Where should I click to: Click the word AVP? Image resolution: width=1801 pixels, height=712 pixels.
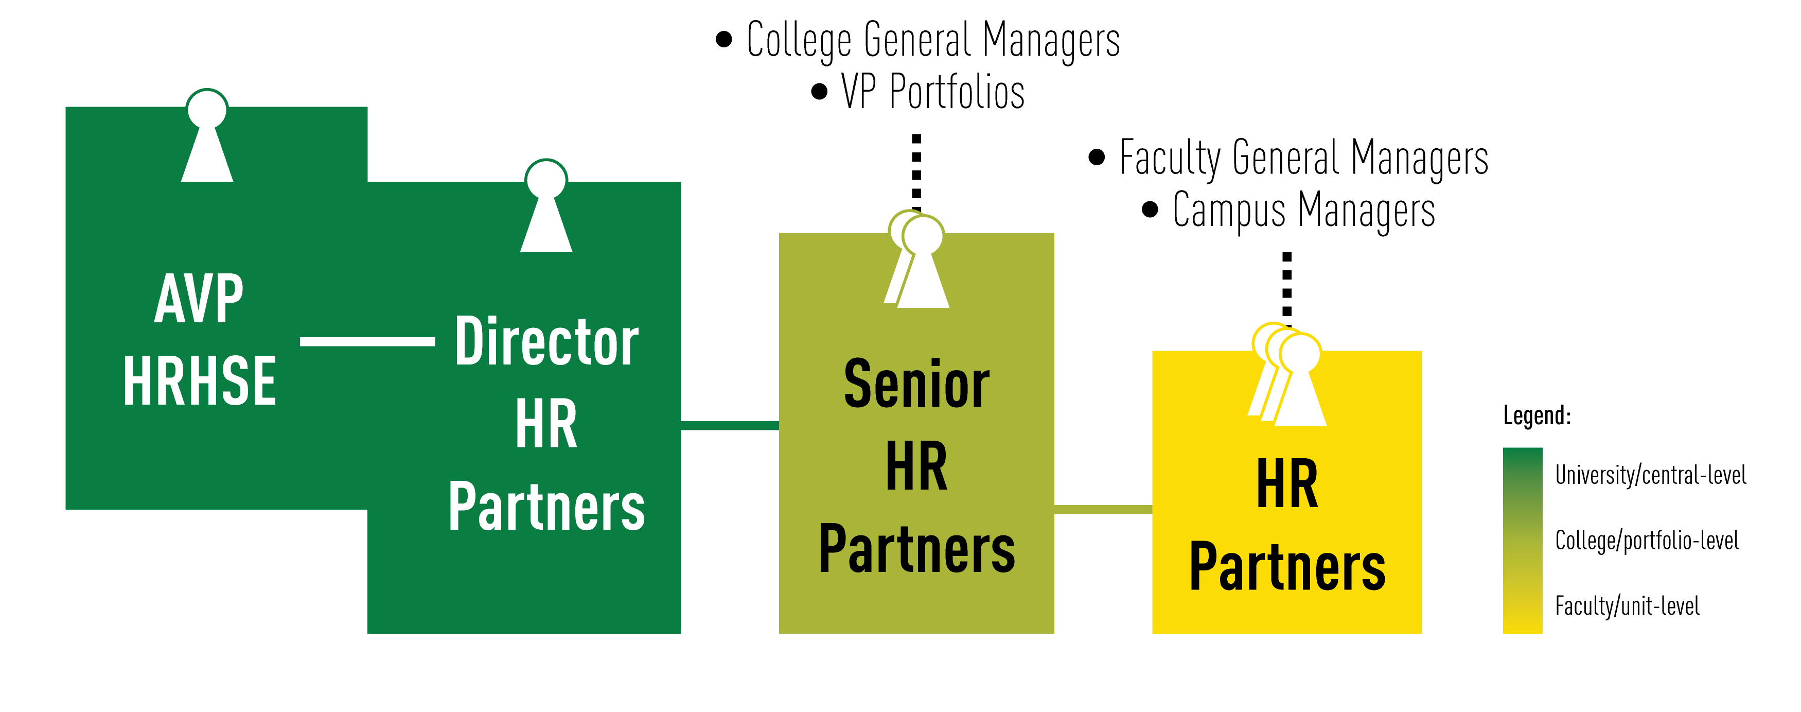[199, 299]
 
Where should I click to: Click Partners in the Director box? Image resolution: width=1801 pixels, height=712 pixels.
[546, 507]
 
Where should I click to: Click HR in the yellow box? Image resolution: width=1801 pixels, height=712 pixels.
[1286, 484]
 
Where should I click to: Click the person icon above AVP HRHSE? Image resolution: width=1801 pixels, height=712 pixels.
[207, 140]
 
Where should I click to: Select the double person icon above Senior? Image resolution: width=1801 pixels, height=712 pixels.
[917, 262]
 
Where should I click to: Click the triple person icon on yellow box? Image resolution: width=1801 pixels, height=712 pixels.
[1288, 378]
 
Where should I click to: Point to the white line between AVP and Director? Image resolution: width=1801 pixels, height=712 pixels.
[367, 341]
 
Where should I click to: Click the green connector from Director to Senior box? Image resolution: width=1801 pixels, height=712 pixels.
[729, 425]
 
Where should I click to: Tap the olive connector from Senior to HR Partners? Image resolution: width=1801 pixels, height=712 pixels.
[1103, 509]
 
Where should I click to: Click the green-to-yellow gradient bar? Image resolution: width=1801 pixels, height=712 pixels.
[1522, 541]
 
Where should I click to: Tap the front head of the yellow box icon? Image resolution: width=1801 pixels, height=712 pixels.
[1300, 353]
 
